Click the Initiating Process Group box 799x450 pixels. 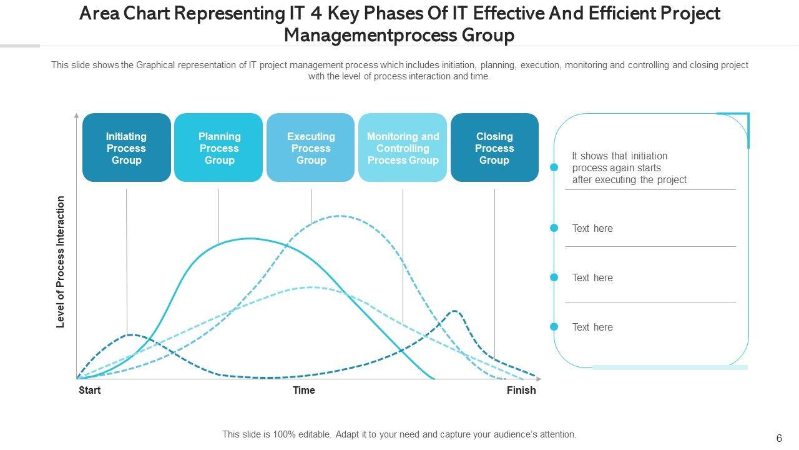(126, 147)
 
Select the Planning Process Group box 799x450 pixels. (218, 147)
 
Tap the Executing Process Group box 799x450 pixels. (311, 147)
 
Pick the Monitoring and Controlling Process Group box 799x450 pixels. (403, 147)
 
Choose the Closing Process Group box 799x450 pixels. (494, 147)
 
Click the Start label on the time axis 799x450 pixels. (90, 390)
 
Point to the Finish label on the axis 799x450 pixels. (521, 390)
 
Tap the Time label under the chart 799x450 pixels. (304, 390)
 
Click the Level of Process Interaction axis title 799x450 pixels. (61, 262)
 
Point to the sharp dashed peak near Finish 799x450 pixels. (455, 311)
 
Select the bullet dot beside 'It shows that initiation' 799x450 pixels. (554, 167)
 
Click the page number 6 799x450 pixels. (779, 439)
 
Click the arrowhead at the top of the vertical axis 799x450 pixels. (77, 116)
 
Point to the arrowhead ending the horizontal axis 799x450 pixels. (539, 379)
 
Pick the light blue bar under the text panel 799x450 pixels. (670, 367)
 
